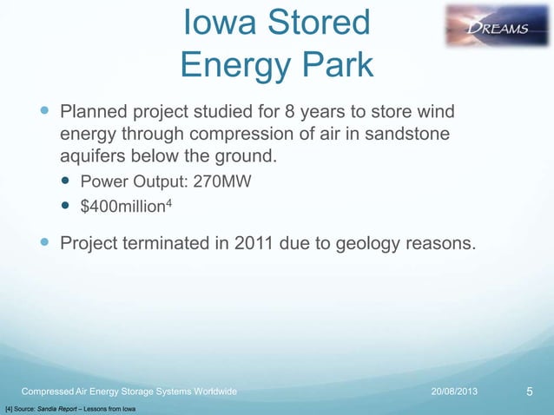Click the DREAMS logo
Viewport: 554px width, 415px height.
497,26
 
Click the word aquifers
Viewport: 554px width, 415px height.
94,157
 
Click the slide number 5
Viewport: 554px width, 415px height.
530,392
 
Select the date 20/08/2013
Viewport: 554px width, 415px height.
459,392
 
